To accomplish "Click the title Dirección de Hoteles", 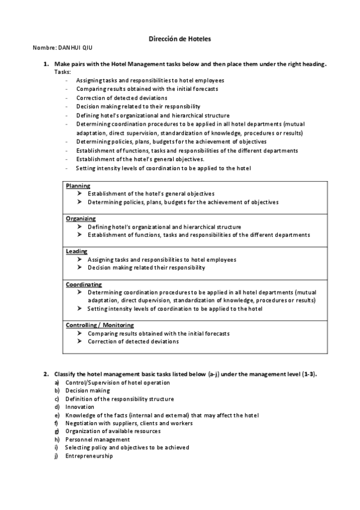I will point(180,38).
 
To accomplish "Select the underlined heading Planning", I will point(78,186).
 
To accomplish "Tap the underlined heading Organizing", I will point(81,219).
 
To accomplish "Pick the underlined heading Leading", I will point(76,251).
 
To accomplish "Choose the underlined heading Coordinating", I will point(84,284).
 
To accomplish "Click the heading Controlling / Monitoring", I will point(100,325).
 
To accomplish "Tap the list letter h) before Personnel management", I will point(56,440).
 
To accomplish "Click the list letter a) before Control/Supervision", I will point(56,382).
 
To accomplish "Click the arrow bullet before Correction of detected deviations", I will point(79,342).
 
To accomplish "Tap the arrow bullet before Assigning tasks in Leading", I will point(79,260).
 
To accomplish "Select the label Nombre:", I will point(44,47).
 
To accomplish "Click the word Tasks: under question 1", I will point(63,72).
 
